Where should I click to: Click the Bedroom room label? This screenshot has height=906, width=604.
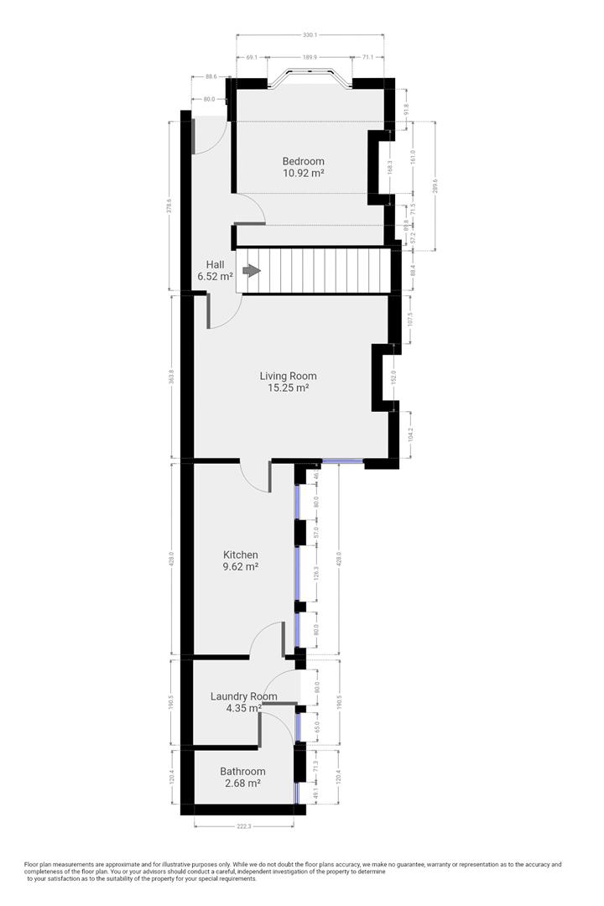[303, 161]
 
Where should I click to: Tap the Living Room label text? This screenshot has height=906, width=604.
[288, 376]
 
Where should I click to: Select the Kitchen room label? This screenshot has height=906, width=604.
[240, 555]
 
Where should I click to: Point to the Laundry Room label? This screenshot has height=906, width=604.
[243, 696]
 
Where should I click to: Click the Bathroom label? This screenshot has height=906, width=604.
[242, 772]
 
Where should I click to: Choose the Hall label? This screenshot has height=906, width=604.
[216, 264]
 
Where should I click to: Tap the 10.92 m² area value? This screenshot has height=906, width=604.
[303, 173]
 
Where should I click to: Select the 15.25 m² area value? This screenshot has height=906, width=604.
[288, 388]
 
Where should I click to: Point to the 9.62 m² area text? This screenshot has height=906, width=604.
[240, 566]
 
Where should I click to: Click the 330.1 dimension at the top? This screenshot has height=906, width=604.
[310, 35]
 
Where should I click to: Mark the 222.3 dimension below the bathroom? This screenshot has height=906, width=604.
[244, 826]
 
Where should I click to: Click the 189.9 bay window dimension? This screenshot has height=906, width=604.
[310, 57]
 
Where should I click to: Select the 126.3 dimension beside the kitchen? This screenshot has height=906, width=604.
[317, 575]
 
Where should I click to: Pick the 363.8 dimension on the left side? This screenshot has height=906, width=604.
[171, 377]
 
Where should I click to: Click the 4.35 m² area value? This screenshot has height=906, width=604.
[243, 708]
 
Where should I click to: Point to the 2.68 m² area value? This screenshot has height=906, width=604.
[242, 784]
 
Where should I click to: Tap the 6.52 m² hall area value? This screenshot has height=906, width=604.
[215, 276]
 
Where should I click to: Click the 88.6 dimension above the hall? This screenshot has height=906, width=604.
[210, 77]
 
